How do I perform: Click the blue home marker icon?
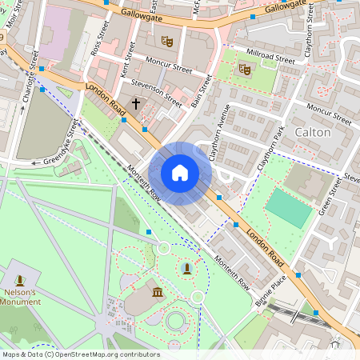tap(180, 173)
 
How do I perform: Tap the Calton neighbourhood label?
tap(313, 131)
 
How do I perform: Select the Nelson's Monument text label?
tap(20, 297)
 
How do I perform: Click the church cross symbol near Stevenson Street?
tap(135, 103)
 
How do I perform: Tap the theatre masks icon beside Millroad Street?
tap(244, 69)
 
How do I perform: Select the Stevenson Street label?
tap(156, 93)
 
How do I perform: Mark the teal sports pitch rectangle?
tap(288, 207)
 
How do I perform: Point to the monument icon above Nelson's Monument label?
tap(19, 280)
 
